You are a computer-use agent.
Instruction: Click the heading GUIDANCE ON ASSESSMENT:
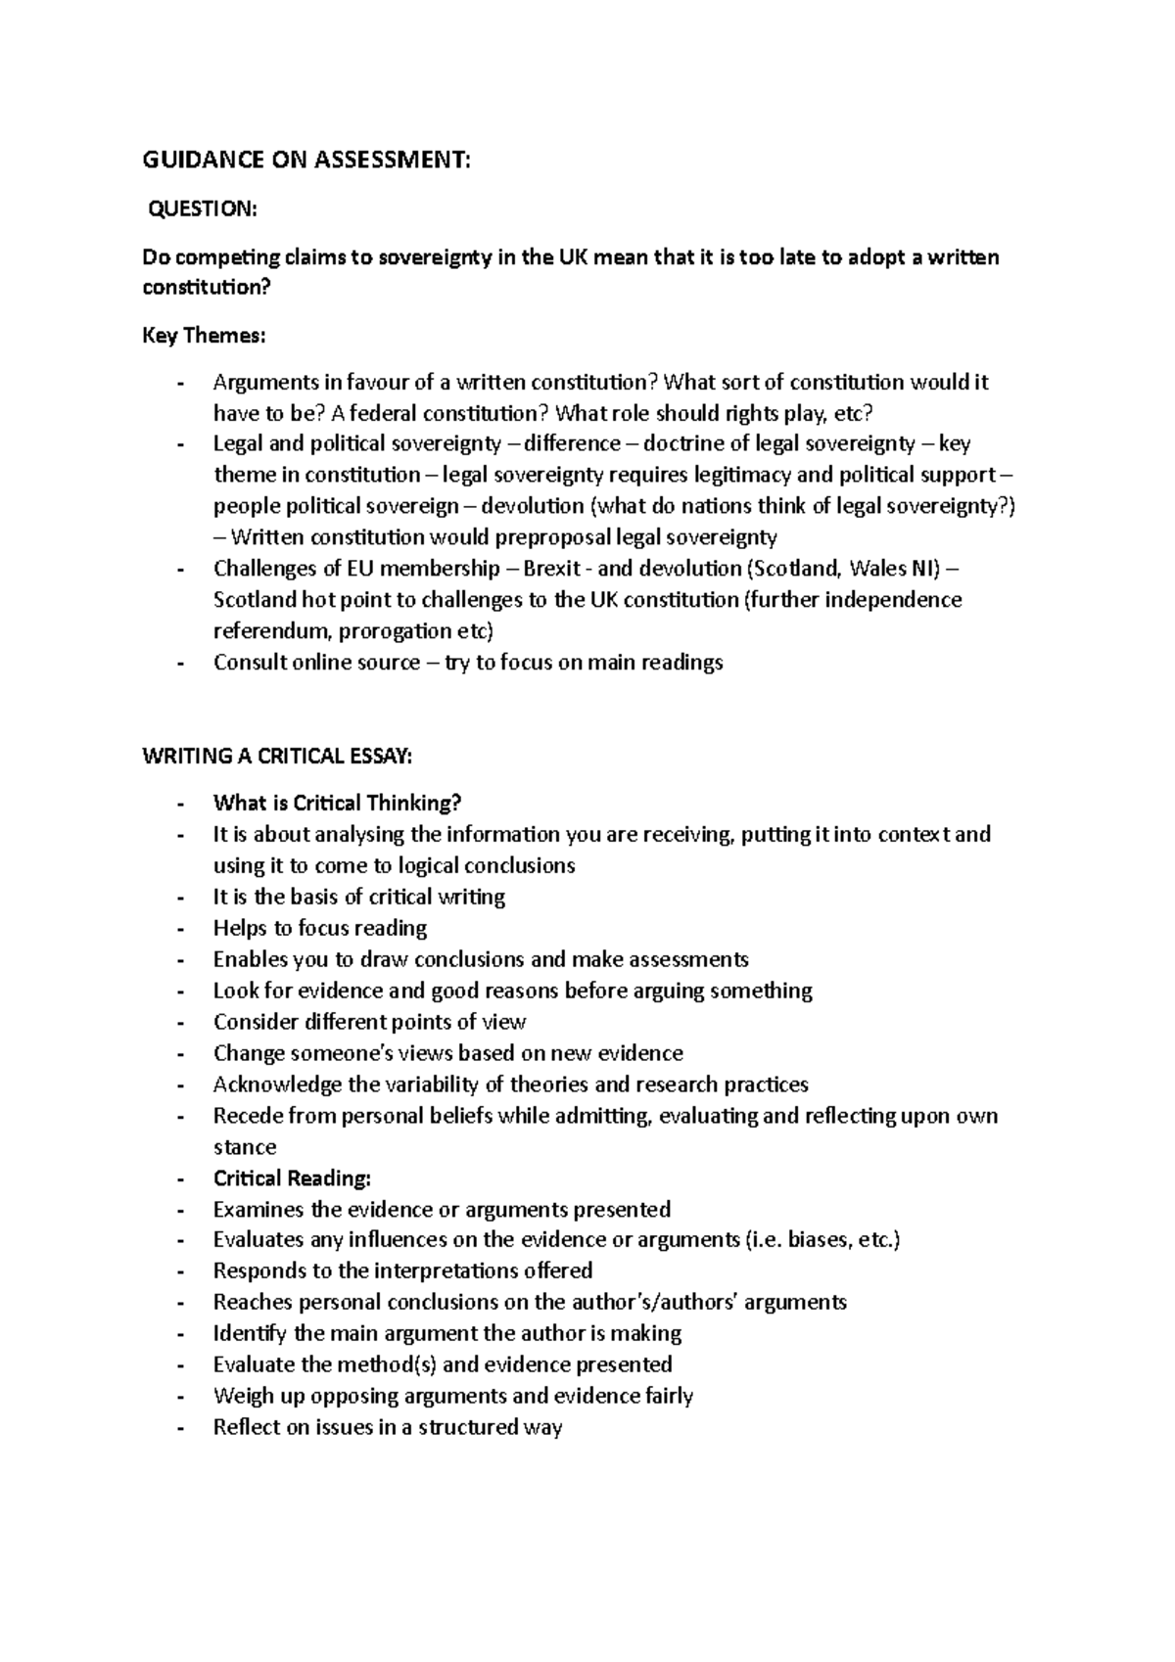(x=306, y=162)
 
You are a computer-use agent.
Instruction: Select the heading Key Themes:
(x=204, y=336)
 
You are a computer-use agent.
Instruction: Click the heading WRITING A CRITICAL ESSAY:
(x=278, y=756)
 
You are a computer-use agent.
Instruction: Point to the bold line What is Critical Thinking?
(x=337, y=803)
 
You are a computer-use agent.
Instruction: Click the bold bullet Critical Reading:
(x=292, y=1177)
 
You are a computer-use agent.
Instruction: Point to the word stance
(x=245, y=1147)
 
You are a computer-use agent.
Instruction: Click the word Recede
(x=248, y=1116)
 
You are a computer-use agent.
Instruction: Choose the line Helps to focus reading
(x=320, y=928)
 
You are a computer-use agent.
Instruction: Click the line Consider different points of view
(x=369, y=1022)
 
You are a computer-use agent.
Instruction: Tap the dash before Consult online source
(x=180, y=663)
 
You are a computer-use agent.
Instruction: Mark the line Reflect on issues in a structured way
(x=388, y=1427)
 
